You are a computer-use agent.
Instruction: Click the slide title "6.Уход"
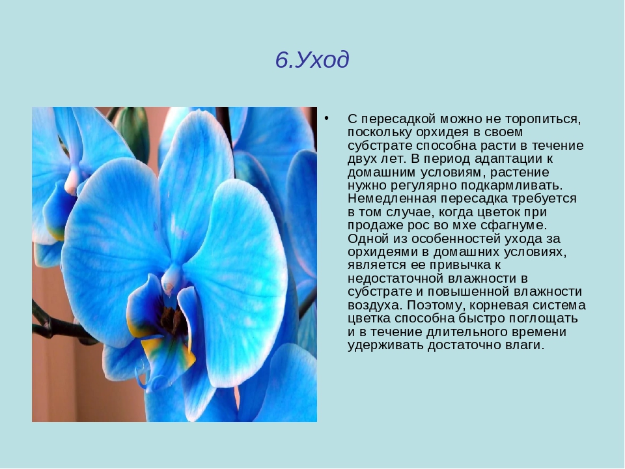pyautogui.click(x=312, y=60)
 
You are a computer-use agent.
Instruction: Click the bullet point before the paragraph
pyautogui.click(x=327, y=118)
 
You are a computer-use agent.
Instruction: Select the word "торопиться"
pyautogui.click(x=543, y=119)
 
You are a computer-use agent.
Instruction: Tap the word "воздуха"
pyautogui.click(x=375, y=306)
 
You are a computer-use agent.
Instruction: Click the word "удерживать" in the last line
pyautogui.click(x=385, y=345)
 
